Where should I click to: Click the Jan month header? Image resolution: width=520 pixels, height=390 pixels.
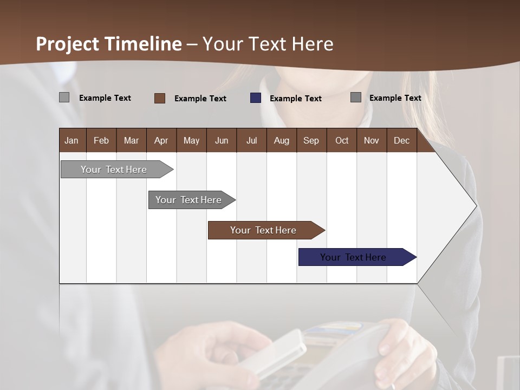click(71, 140)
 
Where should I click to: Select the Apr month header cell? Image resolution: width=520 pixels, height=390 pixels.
click(161, 140)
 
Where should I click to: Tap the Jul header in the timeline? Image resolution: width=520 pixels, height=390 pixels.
click(251, 140)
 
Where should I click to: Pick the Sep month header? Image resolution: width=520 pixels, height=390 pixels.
click(311, 140)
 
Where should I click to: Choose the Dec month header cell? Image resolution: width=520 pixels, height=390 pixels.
click(401, 140)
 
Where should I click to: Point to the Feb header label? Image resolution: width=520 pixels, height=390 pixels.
click(101, 140)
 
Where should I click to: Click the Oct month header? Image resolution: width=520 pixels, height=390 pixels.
click(342, 140)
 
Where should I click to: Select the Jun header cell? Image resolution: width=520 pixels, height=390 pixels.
click(222, 140)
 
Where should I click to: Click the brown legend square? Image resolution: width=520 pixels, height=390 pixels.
click(160, 98)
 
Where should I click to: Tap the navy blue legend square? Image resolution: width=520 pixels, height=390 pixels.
click(256, 98)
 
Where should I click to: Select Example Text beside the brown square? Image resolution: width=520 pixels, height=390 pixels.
click(200, 99)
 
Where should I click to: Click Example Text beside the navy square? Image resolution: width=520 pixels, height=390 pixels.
click(296, 99)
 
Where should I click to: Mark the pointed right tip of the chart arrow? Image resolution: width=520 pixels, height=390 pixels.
click(476, 206)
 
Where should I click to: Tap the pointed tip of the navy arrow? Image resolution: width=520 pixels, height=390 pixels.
click(415, 257)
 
